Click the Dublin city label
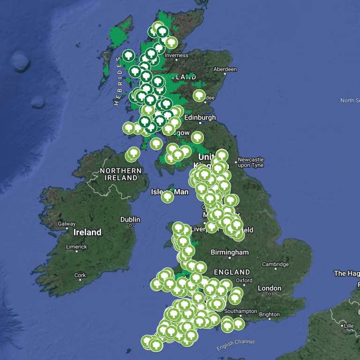130,219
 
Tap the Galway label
67,224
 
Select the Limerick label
76,247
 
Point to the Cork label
80,276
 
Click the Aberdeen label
225,69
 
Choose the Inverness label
176,55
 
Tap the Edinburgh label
200,118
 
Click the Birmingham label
230,253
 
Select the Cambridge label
275,264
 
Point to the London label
270,288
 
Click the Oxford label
244,280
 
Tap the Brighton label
269,315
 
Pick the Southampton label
240,311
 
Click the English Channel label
235,345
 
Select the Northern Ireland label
120,174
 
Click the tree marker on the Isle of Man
167,197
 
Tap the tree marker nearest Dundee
199,96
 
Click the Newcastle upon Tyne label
251,162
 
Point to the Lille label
348,326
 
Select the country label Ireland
88,232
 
